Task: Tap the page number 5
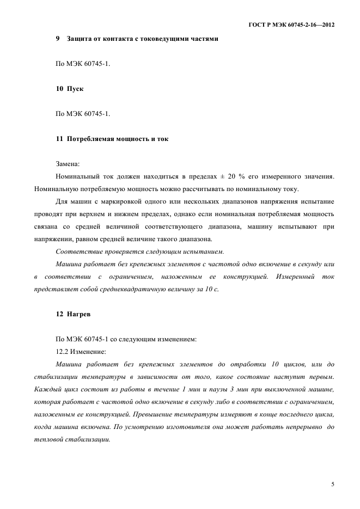(332, 483)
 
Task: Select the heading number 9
(58, 39)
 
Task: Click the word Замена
(68, 163)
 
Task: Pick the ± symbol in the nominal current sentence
(223, 176)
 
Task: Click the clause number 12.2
(63, 351)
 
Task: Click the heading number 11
(59, 139)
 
